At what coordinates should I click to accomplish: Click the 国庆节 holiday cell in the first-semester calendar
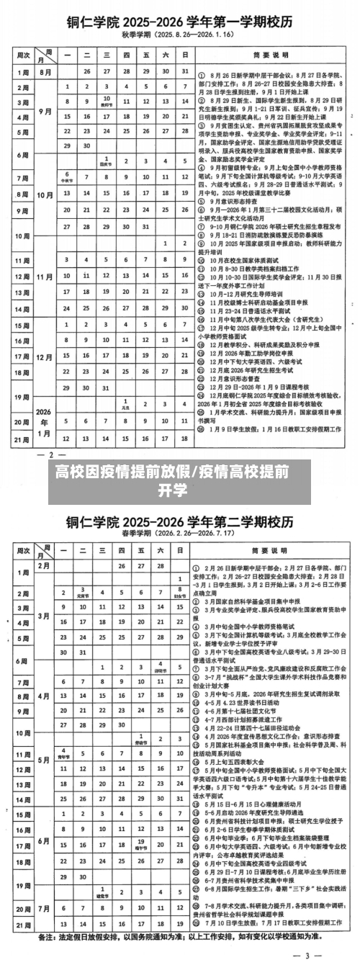pyautogui.click(x=106, y=161)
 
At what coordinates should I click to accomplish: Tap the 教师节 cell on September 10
pyautogui.click(x=106, y=100)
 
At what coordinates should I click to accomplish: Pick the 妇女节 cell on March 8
pyautogui.click(x=179, y=592)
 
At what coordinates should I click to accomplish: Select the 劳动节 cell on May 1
pyautogui.click(x=140, y=737)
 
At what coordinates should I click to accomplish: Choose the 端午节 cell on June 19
pyautogui.click(x=140, y=821)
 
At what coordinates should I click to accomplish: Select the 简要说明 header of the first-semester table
pyautogui.click(x=271, y=54)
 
